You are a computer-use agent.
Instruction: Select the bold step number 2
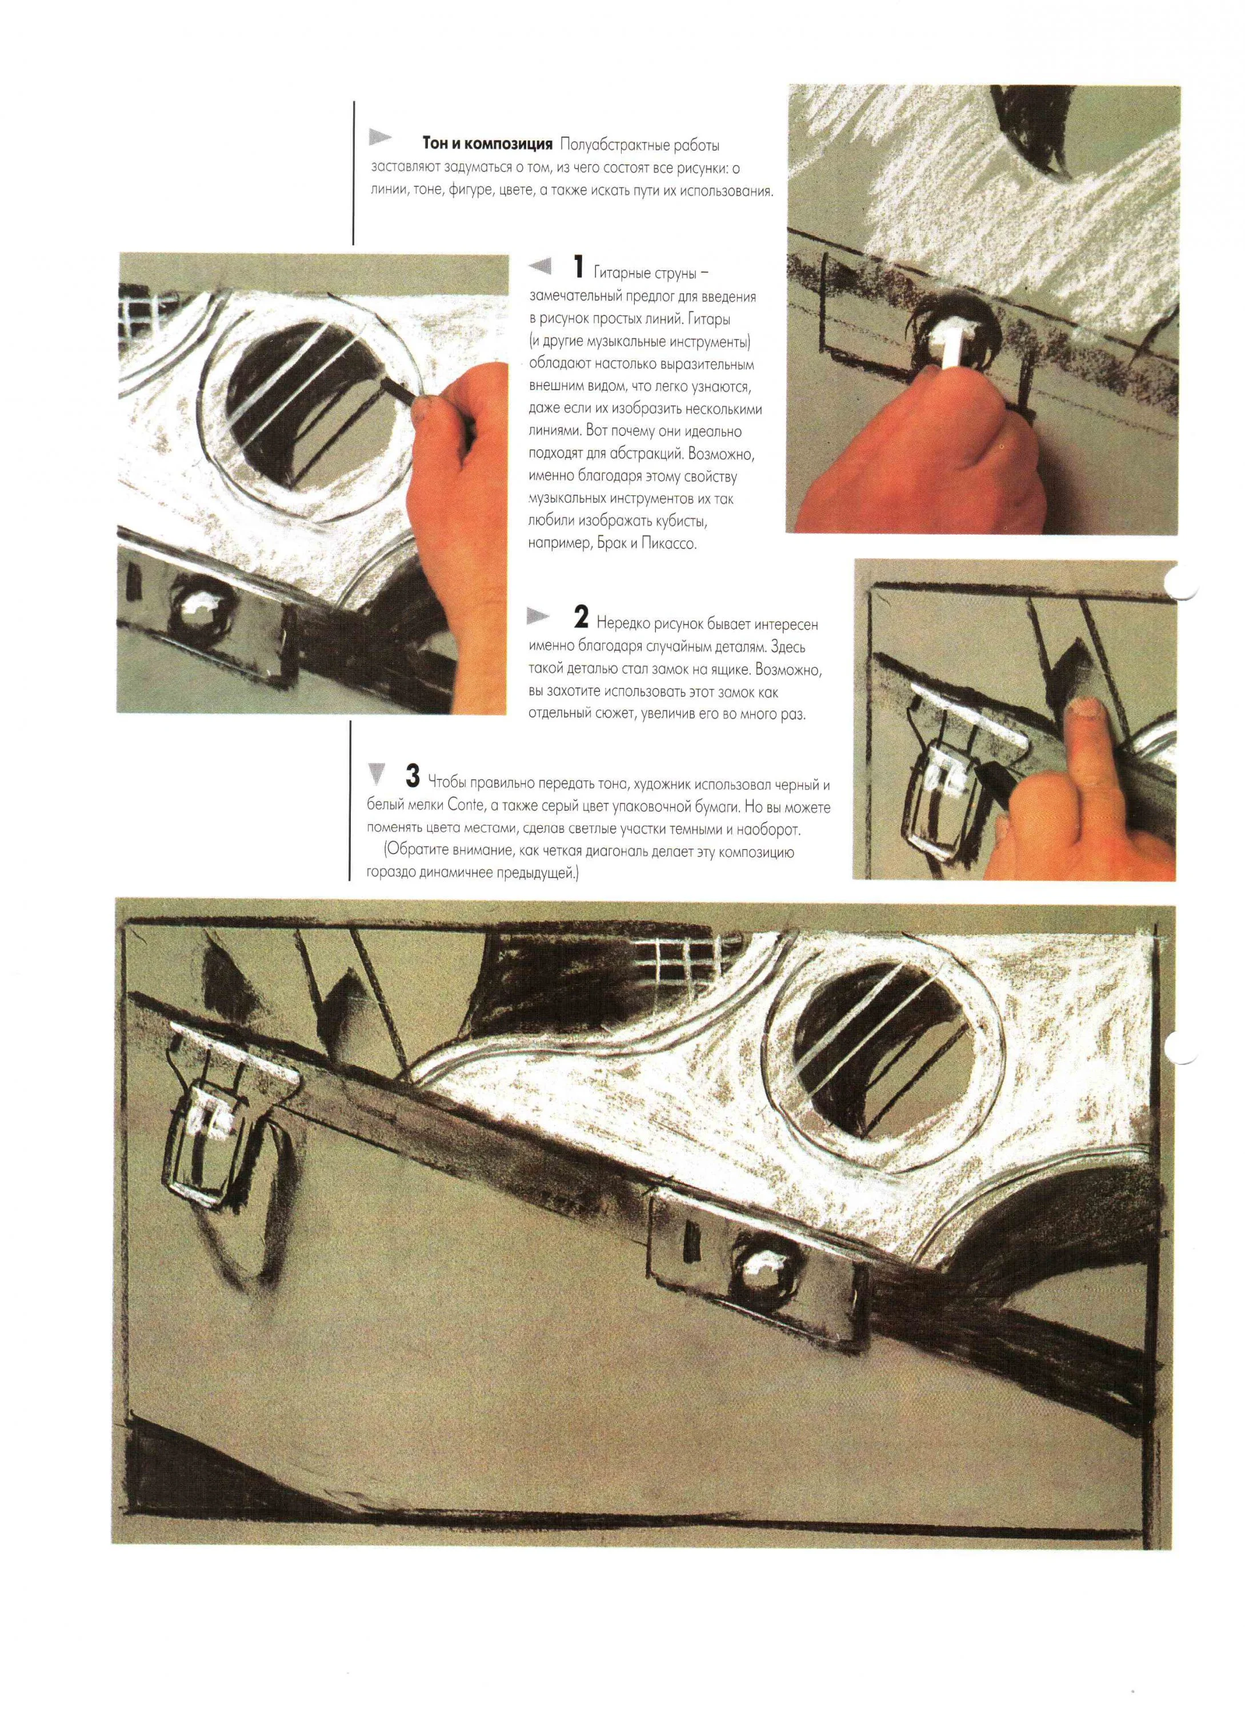pos(581,618)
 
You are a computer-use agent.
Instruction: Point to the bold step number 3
pos(412,775)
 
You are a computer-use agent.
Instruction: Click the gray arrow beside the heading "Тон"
pos(380,138)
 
